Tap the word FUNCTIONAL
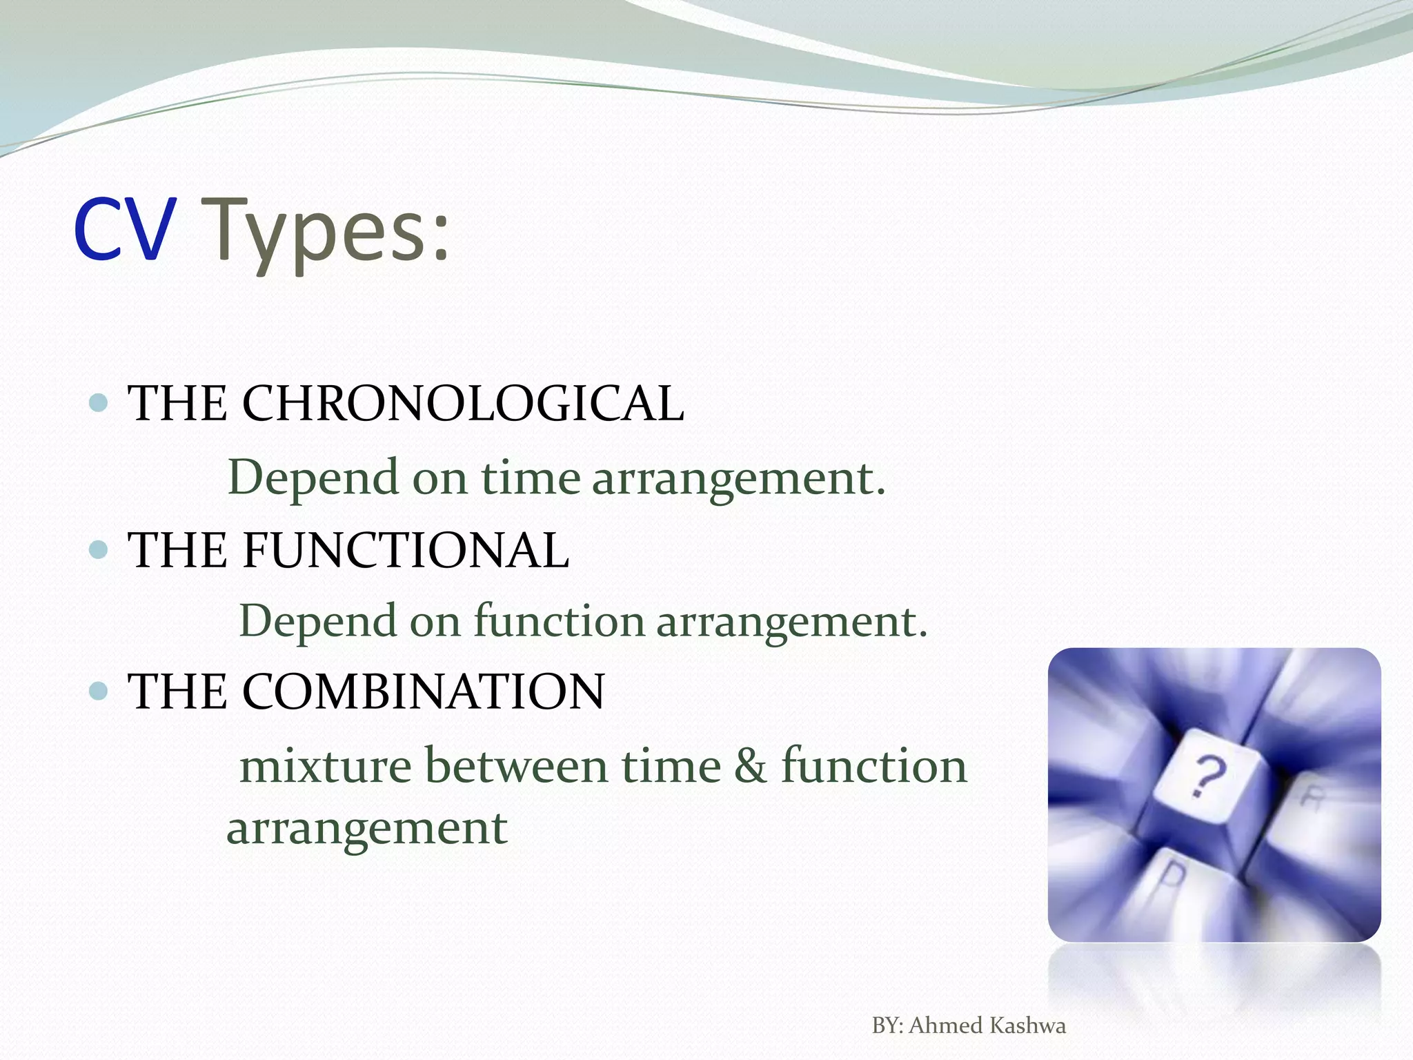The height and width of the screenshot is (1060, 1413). pyautogui.click(x=406, y=550)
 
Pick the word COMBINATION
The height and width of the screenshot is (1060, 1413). pyautogui.click(x=423, y=691)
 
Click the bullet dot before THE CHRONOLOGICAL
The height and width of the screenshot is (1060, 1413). pyautogui.click(x=99, y=402)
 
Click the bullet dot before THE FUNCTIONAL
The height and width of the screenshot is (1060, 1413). pyautogui.click(x=99, y=549)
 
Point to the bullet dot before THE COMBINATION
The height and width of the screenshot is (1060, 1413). pyautogui.click(x=99, y=691)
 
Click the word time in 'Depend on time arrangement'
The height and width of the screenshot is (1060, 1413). pyautogui.click(x=530, y=478)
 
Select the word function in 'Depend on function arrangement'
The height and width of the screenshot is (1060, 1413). pyautogui.click(x=559, y=620)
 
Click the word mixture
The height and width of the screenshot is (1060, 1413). pyautogui.click(x=325, y=766)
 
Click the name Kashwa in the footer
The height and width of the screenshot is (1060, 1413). pyautogui.click(x=1028, y=1025)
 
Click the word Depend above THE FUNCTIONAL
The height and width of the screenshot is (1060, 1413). pyautogui.click(x=313, y=478)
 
